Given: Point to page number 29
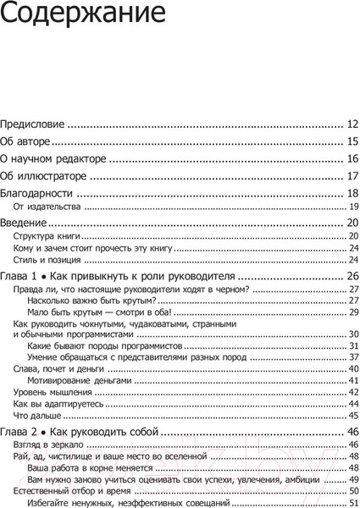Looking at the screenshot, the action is pyautogui.click(x=355, y=312).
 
